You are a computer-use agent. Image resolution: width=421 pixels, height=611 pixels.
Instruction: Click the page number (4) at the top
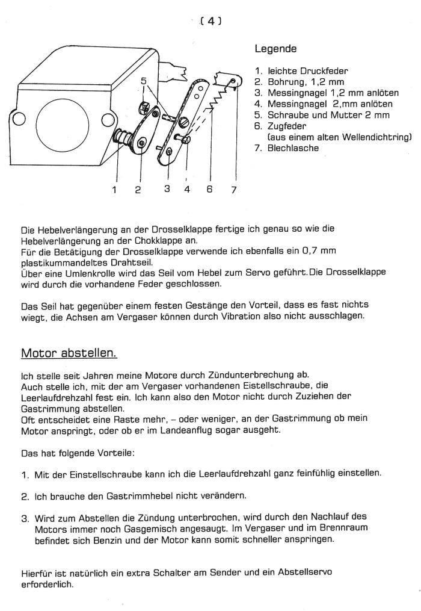[211, 20]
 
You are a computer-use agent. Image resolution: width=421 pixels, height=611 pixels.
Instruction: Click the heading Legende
[275, 48]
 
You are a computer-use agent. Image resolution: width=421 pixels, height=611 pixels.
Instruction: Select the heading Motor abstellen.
[69, 352]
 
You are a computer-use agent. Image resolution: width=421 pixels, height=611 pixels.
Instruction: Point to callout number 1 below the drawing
[114, 190]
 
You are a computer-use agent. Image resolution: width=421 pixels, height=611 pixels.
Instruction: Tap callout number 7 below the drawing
[233, 190]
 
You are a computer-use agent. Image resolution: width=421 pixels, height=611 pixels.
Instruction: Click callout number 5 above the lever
[143, 81]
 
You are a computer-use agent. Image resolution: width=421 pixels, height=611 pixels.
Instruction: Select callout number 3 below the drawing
[167, 189]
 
